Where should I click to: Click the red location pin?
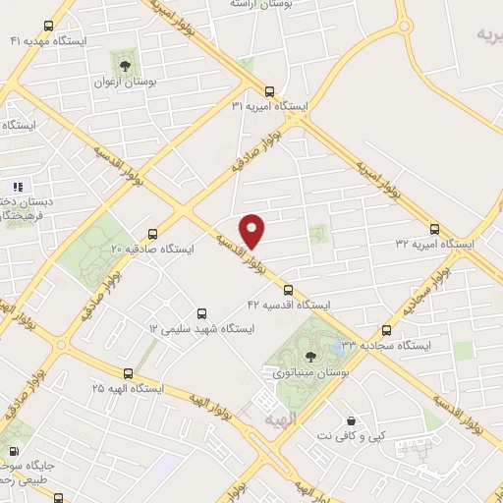click(252, 229)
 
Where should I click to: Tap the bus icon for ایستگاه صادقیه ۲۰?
click(151, 234)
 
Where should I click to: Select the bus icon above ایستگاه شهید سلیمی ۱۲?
click(202, 312)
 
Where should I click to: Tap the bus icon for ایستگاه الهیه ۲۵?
click(129, 373)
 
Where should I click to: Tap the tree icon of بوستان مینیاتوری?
click(311, 356)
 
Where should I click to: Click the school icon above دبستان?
click(17, 187)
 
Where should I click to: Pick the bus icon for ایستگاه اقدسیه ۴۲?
click(288, 290)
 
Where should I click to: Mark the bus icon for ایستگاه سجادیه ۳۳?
click(385, 331)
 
